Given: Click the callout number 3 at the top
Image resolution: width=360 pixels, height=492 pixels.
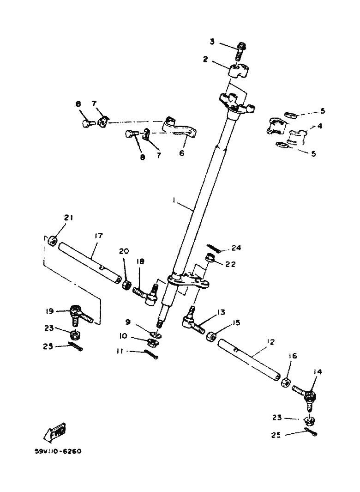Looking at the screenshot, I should (212, 42).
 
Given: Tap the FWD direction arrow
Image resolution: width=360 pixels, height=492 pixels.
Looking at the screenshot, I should (54, 431).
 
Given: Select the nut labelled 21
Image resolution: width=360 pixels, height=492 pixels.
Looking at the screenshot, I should (52, 241).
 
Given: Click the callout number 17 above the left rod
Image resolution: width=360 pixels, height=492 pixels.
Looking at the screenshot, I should (98, 236).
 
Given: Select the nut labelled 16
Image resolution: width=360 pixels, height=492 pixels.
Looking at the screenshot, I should (285, 383).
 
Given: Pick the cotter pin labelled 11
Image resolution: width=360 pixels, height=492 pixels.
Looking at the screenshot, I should (150, 354).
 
